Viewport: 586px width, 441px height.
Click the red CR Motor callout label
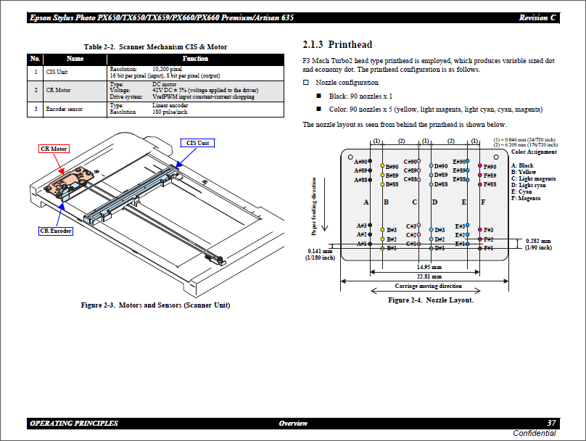[x=54, y=149]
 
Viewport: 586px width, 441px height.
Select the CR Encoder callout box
[x=55, y=231]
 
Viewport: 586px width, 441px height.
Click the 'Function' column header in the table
[x=195, y=59]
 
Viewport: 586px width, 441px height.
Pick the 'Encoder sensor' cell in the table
[x=64, y=110]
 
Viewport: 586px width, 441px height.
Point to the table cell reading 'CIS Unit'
[x=57, y=73]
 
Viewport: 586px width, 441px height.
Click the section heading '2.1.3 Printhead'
[x=337, y=45]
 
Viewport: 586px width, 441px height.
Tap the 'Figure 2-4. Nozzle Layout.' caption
[x=430, y=300]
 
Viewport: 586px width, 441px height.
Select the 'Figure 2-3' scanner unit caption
[x=155, y=305]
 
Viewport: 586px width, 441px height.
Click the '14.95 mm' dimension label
[x=428, y=266]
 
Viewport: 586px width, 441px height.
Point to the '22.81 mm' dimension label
[x=429, y=276]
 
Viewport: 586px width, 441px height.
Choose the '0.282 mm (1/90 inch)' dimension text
[x=537, y=244]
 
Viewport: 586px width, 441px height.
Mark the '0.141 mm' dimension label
[x=319, y=251]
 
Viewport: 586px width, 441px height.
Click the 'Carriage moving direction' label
[x=428, y=286]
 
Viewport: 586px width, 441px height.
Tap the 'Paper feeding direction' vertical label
[x=314, y=208]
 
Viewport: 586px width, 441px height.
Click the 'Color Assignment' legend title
[x=534, y=152]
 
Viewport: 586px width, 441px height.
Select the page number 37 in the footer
[x=551, y=423]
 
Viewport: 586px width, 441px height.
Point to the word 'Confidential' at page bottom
[x=534, y=433]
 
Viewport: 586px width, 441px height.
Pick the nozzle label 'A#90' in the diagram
[x=360, y=160]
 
